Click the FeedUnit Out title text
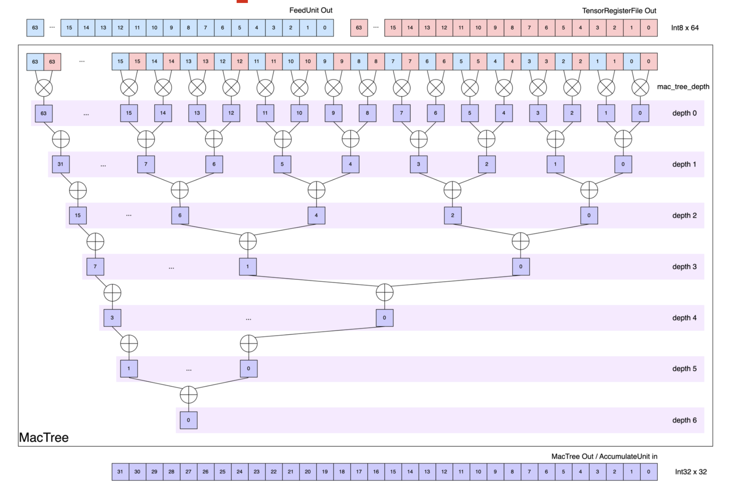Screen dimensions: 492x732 point(310,10)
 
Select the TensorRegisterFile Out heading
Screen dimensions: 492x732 point(619,11)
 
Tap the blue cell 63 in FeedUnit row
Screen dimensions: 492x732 point(35,28)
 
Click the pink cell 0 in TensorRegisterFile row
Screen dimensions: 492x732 point(648,28)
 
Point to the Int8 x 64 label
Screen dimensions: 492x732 point(685,28)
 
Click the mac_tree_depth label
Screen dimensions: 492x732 point(683,87)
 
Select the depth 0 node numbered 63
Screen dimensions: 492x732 point(44,113)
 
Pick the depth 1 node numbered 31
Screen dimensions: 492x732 point(61,164)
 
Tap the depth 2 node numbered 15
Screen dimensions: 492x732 point(78,216)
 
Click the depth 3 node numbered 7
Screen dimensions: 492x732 point(95,267)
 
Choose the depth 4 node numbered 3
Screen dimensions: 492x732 point(112,318)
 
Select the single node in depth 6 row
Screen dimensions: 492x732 point(188,420)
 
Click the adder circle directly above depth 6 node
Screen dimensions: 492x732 point(188,395)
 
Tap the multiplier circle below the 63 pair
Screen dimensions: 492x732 point(44,88)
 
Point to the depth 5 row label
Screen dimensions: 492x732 point(684,369)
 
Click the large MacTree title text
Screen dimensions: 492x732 point(44,438)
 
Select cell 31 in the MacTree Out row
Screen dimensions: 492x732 point(120,472)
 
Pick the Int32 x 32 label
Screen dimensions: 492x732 point(691,472)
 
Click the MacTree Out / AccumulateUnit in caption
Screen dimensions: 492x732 point(604,457)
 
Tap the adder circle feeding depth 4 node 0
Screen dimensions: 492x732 point(384,292)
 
